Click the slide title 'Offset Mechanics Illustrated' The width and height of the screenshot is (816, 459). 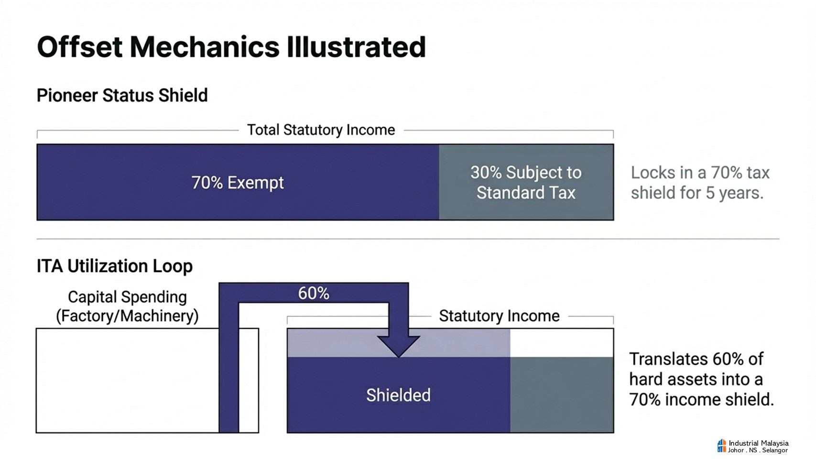[231, 47]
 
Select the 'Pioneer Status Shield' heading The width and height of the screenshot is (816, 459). [122, 96]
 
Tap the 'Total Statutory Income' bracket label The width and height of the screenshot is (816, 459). [321, 130]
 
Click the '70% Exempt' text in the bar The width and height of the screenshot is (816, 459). [238, 183]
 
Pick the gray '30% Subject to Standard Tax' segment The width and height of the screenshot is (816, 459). [526, 182]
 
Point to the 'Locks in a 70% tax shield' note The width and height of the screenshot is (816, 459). [700, 183]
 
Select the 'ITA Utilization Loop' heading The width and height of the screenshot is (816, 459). [114, 266]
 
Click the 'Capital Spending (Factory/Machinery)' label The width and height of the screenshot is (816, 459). [127, 306]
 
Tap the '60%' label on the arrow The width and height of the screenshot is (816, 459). [314, 293]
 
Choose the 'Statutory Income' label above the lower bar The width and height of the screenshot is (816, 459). [499, 316]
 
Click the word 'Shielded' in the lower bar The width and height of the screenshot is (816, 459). [398, 395]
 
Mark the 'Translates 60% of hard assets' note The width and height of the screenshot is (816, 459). [701, 379]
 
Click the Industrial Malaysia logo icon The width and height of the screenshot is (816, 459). [722, 446]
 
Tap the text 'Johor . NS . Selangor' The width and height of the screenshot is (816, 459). [758, 450]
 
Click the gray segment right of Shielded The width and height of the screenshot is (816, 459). [562, 394]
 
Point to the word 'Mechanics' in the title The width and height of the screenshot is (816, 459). [205, 47]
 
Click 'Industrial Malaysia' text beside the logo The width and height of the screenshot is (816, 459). [759, 443]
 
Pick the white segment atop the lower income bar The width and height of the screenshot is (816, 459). [562, 343]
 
